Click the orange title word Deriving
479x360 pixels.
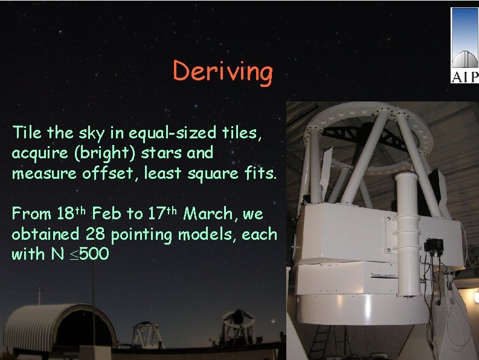pos(223,72)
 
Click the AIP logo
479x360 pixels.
pos(464,46)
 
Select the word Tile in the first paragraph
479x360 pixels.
pos(27,132)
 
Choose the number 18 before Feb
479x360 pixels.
pos(65,214)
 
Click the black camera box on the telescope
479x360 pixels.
pos(433,245)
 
